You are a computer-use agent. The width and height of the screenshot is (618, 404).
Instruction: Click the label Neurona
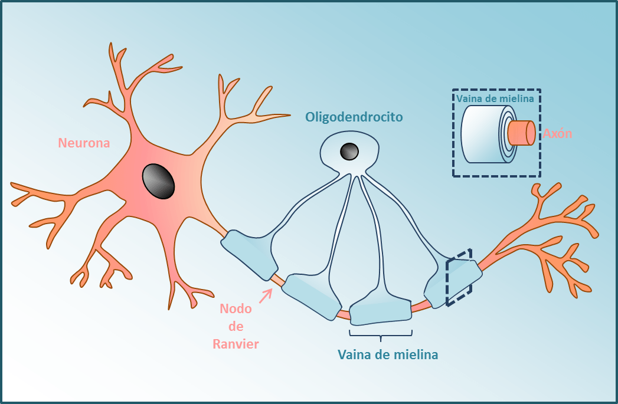tap(84, 143)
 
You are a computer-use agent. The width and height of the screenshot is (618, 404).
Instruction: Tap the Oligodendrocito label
tap(354, 117)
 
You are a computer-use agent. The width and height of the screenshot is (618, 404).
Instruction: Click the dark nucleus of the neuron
tap(158, 181)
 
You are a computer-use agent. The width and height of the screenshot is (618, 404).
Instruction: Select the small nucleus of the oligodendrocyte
tap(349, 152)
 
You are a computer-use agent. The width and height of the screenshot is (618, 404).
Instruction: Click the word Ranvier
tap(236, 344)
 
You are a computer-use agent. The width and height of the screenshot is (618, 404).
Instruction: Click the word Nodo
tap(236, 309)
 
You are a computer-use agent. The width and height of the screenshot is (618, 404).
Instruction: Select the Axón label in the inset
tap(557, 133)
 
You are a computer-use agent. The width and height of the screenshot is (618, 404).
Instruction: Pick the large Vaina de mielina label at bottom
tap(388, 355)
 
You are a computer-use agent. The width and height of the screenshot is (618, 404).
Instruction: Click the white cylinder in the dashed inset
tap(479, 134)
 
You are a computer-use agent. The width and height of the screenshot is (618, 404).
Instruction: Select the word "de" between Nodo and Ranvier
tap(236, 326)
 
